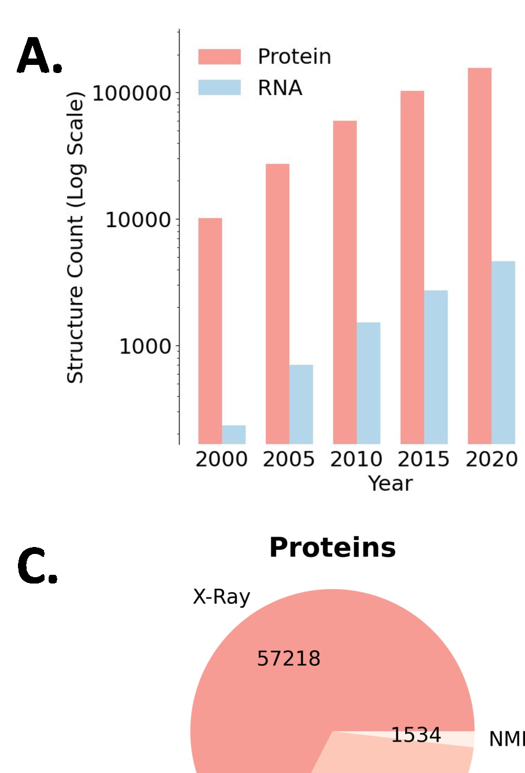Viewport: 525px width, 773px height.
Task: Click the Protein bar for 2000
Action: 210,331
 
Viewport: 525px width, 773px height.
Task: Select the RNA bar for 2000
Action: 234,435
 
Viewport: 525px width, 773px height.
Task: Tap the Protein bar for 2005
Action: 277,304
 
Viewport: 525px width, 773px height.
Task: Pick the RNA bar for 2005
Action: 301,404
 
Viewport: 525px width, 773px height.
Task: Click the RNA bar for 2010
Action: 368,383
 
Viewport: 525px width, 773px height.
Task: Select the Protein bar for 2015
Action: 412,267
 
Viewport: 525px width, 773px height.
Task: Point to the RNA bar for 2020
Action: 503,352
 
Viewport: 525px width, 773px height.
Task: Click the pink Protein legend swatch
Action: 219,57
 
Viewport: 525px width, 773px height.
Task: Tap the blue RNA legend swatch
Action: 219,87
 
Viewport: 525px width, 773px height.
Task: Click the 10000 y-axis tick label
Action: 138,220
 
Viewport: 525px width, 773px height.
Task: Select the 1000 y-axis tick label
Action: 145,347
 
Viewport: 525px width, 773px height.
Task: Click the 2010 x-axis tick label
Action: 356,459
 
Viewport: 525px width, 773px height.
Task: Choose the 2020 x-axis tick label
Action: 491,459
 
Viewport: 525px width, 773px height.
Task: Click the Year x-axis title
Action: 390,483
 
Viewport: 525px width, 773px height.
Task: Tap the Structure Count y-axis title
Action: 76,238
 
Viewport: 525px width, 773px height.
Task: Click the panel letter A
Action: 39,57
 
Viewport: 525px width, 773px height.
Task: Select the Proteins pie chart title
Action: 332,548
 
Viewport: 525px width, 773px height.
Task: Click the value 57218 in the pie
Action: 288,659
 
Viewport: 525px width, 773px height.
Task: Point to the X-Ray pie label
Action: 222,597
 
